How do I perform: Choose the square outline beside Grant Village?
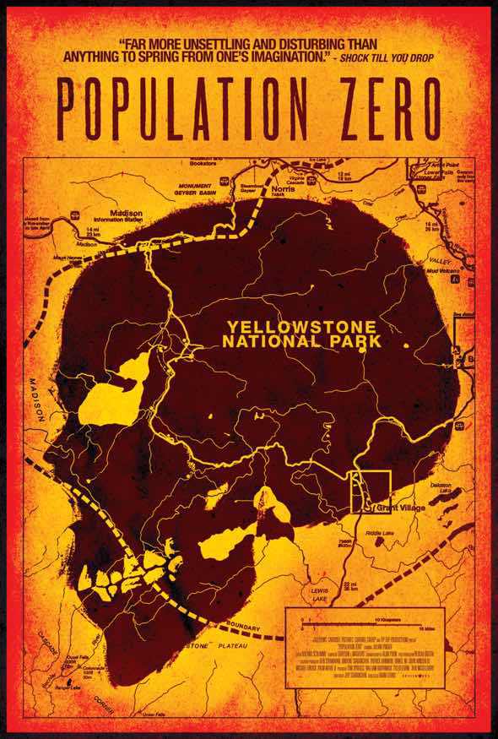(371, 492)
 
